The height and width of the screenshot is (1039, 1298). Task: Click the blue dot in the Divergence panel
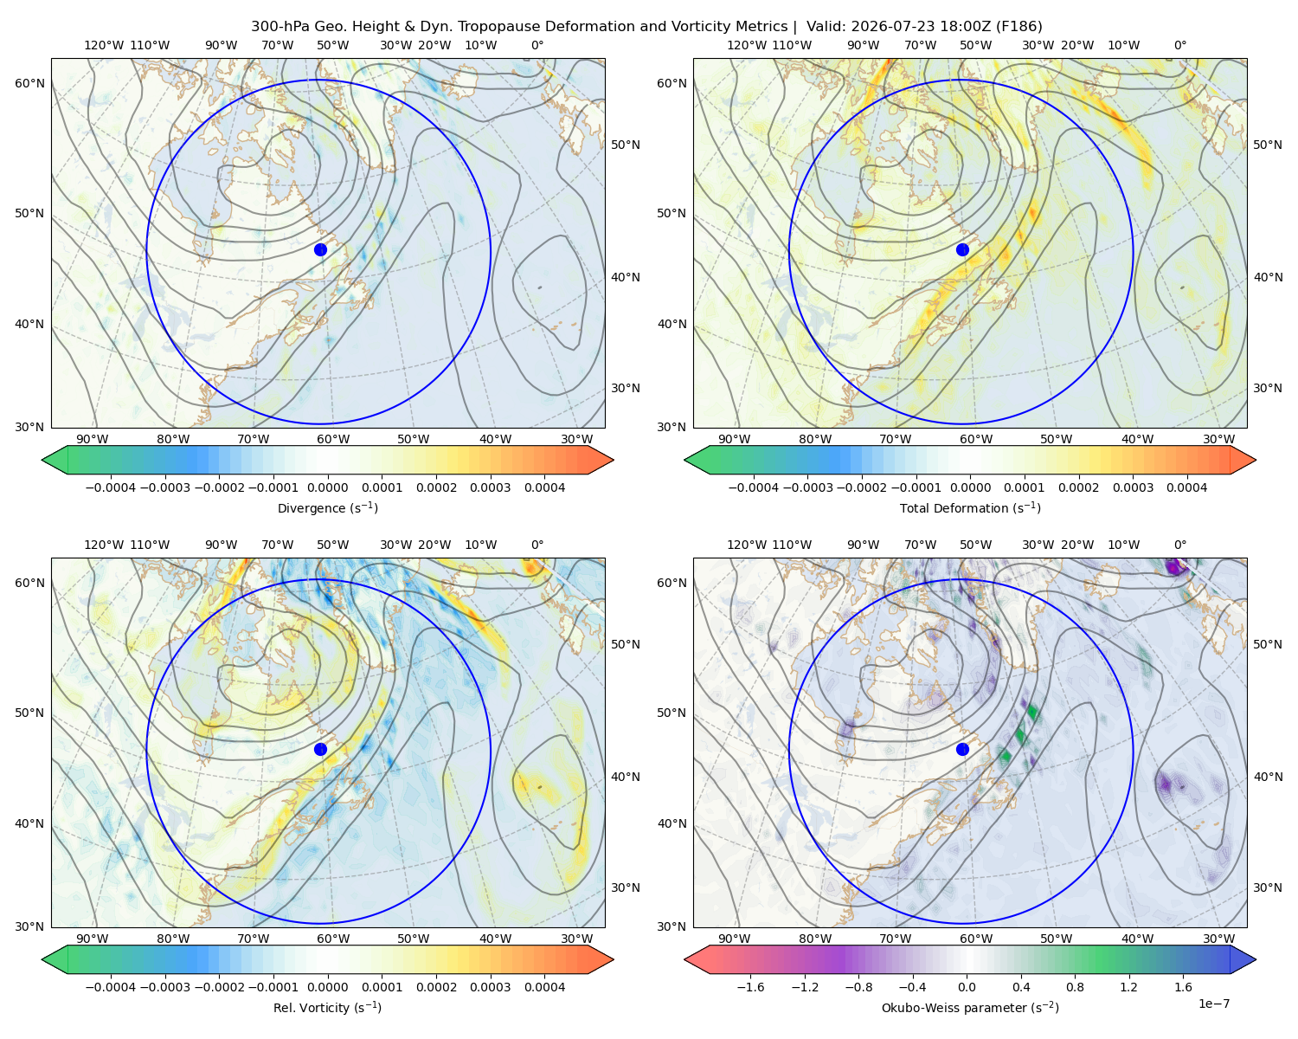320,249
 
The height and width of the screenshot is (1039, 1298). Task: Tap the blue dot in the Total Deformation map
962,249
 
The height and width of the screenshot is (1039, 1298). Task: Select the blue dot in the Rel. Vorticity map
320,749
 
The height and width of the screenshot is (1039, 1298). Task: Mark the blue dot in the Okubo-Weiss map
962,749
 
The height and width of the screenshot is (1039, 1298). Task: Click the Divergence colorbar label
327,507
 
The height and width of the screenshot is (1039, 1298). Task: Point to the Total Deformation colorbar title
970,507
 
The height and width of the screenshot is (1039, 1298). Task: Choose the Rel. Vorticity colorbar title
327,1007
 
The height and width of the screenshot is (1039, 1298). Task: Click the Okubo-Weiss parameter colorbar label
970,1007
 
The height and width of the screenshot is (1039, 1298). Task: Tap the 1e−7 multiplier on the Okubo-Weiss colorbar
1213,1004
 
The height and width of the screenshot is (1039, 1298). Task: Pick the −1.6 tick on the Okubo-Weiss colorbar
750,986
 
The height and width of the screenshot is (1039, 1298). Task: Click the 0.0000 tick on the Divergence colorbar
327,487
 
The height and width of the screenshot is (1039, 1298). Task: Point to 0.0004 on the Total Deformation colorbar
1186,487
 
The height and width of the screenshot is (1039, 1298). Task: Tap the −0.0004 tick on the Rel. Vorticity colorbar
111,986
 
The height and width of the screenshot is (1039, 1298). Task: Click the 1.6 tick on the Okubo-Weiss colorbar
1183,986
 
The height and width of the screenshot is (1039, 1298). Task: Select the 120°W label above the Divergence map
104,45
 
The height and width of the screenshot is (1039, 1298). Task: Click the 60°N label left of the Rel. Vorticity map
29,583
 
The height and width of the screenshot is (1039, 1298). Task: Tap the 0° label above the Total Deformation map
1179,45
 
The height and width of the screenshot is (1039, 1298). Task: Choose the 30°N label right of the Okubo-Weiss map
1268,887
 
